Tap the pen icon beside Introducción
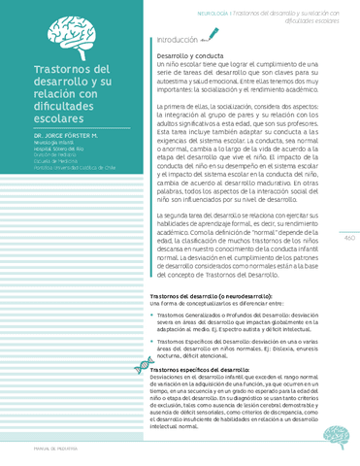tap(213, 39)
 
